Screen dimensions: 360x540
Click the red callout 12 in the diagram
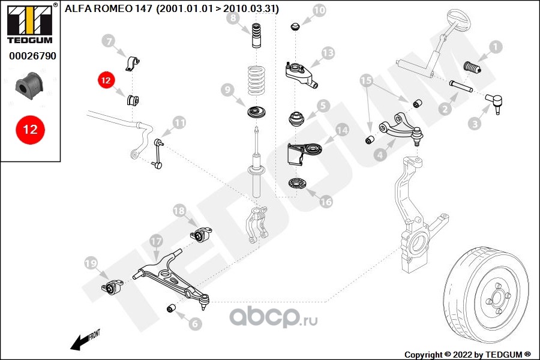(x=106, y=79)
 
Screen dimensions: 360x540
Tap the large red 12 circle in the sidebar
(x=31, y=130)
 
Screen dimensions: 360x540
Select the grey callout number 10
(x=319, y=10)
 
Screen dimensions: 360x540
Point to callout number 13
(x=327, y=53)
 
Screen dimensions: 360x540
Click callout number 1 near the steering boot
(x=495, y=46)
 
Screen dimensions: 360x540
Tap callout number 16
(x=325, y=202)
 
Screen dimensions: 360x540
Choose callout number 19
(x=91, y=263)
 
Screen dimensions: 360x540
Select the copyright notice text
(x=467, y=354)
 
